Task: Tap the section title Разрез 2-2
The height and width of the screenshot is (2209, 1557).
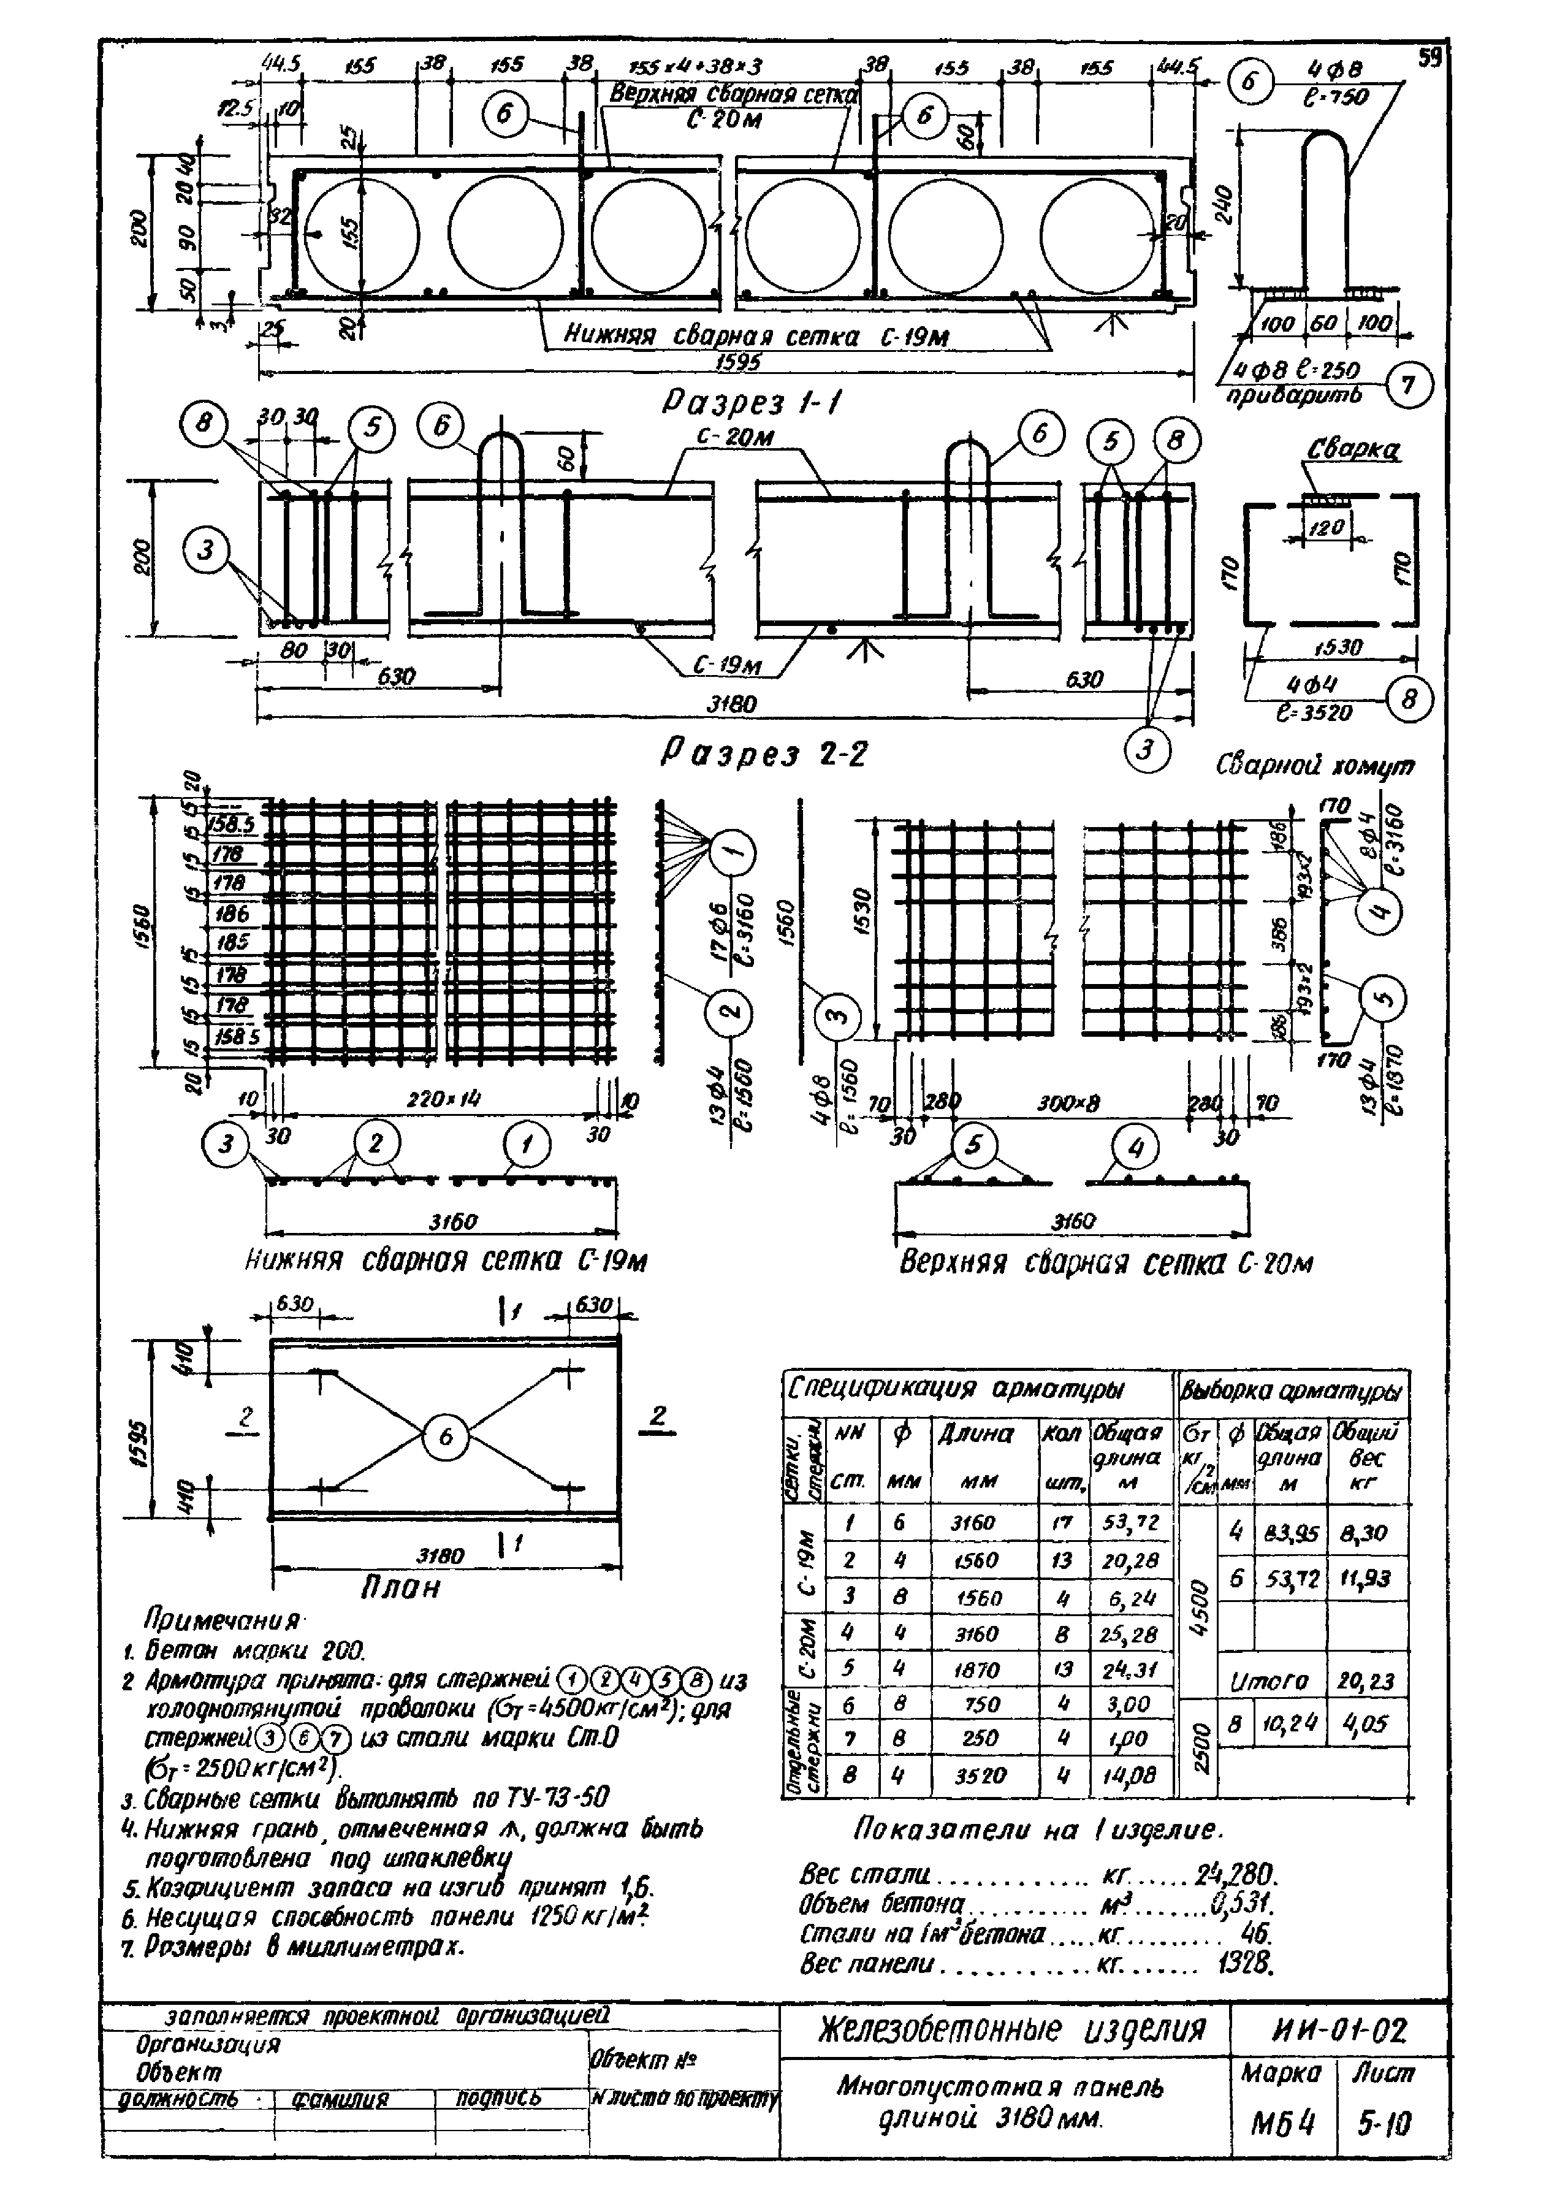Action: tap(764, 754)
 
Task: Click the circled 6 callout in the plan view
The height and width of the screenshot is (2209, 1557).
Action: tap(445, 1437)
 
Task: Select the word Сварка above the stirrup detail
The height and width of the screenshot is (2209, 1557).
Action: tap(1352, 450)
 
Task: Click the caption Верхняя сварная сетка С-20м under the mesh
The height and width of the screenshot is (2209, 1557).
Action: tap(1105, 1262)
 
